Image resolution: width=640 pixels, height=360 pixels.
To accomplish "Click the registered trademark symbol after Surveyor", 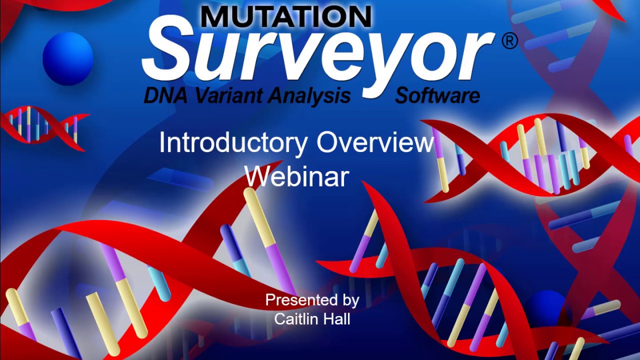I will tap(509, 41).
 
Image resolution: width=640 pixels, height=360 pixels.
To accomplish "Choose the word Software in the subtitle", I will tap(437, 95).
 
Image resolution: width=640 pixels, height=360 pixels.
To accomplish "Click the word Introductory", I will tap(233, 143).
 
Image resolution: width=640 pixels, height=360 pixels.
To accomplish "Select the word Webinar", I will tap(296, 176).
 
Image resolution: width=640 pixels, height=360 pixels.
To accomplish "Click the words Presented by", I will tap(312, 300).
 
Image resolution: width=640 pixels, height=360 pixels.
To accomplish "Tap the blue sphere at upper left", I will tap(68, 58).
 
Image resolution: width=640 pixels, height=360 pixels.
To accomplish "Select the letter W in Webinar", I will tap(257, 176).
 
